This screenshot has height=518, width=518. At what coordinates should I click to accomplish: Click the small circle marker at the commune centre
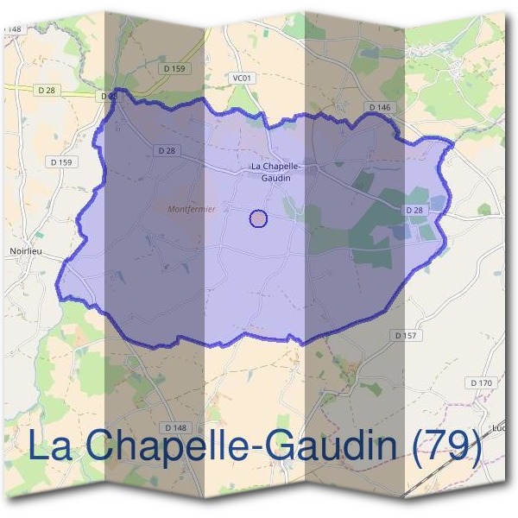tap(258, 218)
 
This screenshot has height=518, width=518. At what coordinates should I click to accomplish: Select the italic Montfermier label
tap(192, 209)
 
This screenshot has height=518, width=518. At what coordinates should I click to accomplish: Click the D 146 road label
tap(379, 107)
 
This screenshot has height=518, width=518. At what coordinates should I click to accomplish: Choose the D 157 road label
tap(405, 334)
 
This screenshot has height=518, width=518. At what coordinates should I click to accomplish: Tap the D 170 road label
tap(481, 382)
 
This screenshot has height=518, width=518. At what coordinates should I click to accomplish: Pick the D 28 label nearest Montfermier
tap(167, 150)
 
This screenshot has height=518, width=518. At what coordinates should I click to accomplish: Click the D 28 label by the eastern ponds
tap(414, 210)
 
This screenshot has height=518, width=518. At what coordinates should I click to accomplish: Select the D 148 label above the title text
tap(174, 427)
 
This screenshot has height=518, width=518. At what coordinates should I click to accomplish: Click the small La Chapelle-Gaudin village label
tap(270, 171)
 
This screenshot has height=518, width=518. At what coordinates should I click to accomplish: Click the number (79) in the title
tap(447, 446)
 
